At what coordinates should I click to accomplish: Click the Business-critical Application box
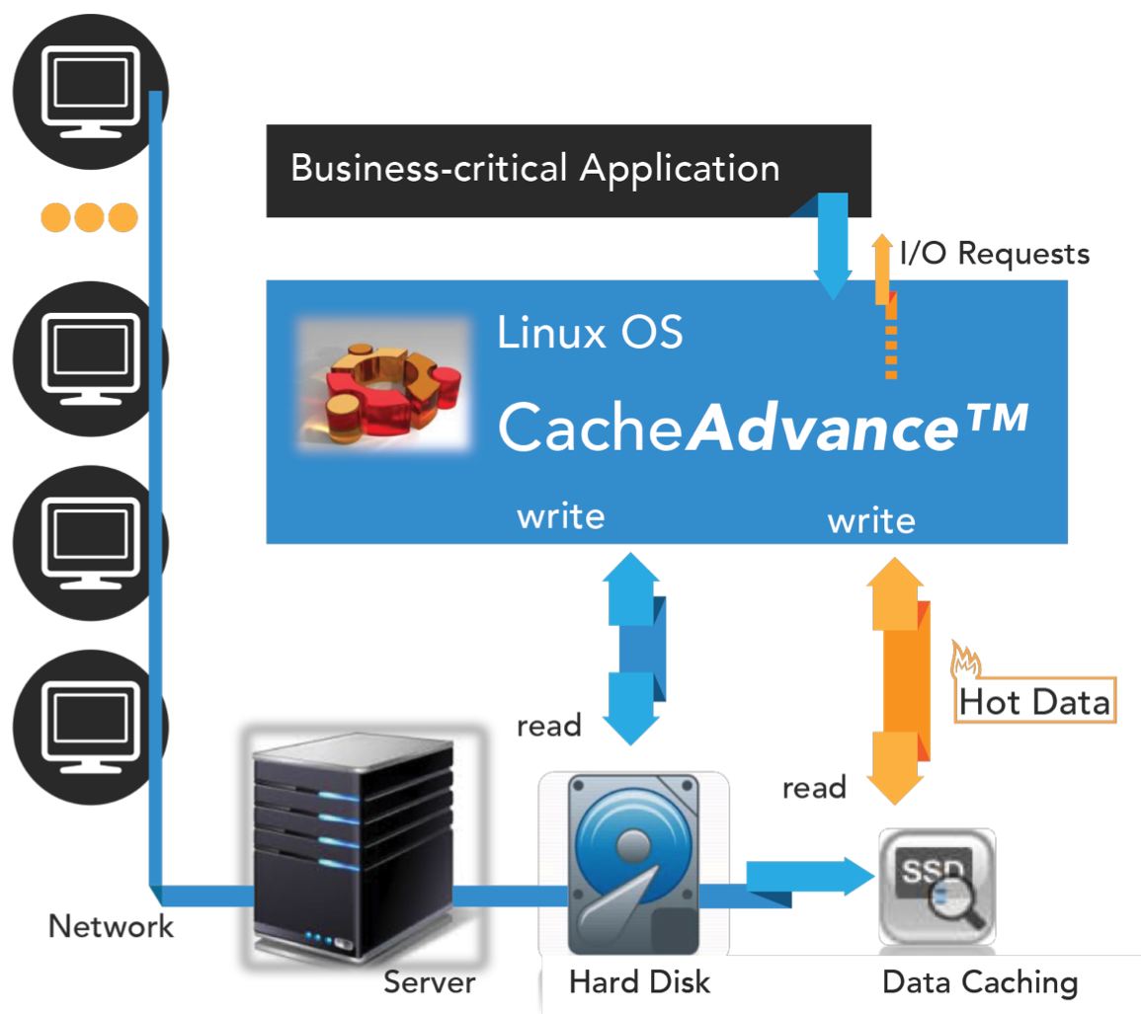point(568,171)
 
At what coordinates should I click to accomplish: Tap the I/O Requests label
point(994,253)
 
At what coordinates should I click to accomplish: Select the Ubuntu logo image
point(384,384)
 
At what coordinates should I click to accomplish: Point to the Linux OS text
point(590,333)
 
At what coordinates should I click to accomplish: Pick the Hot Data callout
point(1034,701)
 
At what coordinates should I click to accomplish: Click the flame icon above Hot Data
point(965,660)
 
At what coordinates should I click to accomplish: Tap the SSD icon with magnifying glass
point(937,887)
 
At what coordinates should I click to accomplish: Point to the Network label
point(111,926)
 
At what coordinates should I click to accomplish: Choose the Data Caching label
point(979,982)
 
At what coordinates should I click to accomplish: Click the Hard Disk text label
point(639,982)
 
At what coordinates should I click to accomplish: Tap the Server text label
point(430,982)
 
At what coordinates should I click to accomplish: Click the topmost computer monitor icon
point(91,92)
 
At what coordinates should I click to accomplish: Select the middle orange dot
point(90,217)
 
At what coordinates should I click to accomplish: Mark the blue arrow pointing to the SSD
point(810,877)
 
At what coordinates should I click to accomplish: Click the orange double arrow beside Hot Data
point(897,681)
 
